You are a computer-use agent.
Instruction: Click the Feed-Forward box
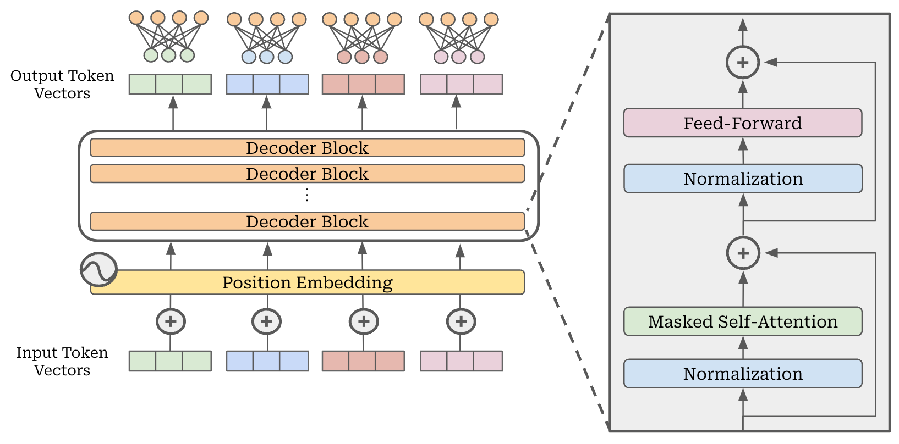pos(742,123)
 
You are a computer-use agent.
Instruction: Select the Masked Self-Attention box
pos(742,321)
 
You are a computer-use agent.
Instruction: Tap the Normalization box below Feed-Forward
pos(742,179)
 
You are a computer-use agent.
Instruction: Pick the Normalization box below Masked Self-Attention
pos(742,374)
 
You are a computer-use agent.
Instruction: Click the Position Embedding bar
pos(307,282)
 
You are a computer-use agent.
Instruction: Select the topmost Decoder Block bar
pos(307,148)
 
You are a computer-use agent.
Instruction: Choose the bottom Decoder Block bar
pos(307,221)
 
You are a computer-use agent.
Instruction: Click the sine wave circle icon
pos(98,269)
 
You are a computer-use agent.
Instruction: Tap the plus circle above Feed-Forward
pos(743,63)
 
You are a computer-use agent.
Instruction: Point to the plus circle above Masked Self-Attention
pos(743,253)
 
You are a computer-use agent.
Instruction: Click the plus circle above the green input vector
pos(171,321)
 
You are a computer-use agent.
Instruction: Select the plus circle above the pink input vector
pos(461,321)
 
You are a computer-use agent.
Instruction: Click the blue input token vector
pos(267,361)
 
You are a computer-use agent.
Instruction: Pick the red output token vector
pos(363,85)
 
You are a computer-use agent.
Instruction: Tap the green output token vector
pos(170,85)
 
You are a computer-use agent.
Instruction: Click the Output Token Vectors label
pos(62,84)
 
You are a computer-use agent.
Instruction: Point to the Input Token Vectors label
pos(62,361)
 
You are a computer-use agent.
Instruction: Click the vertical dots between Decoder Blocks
pos(307,195)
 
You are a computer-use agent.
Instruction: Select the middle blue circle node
pos(267,57)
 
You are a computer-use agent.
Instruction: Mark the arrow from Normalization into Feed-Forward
pos(743,149)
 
